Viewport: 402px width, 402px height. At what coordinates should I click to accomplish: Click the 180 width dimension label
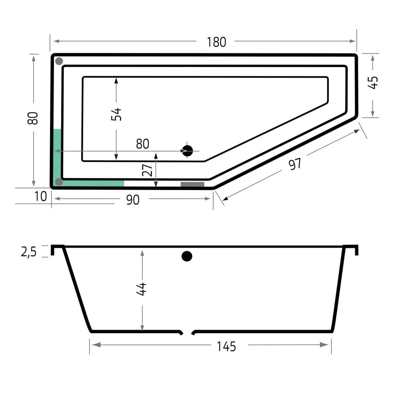(216, 42)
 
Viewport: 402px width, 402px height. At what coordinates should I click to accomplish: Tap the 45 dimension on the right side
(373, 82)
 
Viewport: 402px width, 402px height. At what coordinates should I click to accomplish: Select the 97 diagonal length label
(295, 164)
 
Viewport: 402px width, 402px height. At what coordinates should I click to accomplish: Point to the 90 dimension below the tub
(133, 200)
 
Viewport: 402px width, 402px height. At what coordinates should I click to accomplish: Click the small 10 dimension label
(41, 197)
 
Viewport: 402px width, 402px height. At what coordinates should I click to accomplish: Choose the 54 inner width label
(116, 114)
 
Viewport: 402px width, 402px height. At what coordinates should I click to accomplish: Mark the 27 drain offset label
(148, 170)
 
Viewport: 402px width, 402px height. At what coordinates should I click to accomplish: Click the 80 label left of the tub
(33, 118)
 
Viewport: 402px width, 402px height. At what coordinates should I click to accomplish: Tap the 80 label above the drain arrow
(143, 144)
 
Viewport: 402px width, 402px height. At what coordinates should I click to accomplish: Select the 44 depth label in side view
(141, 289)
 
